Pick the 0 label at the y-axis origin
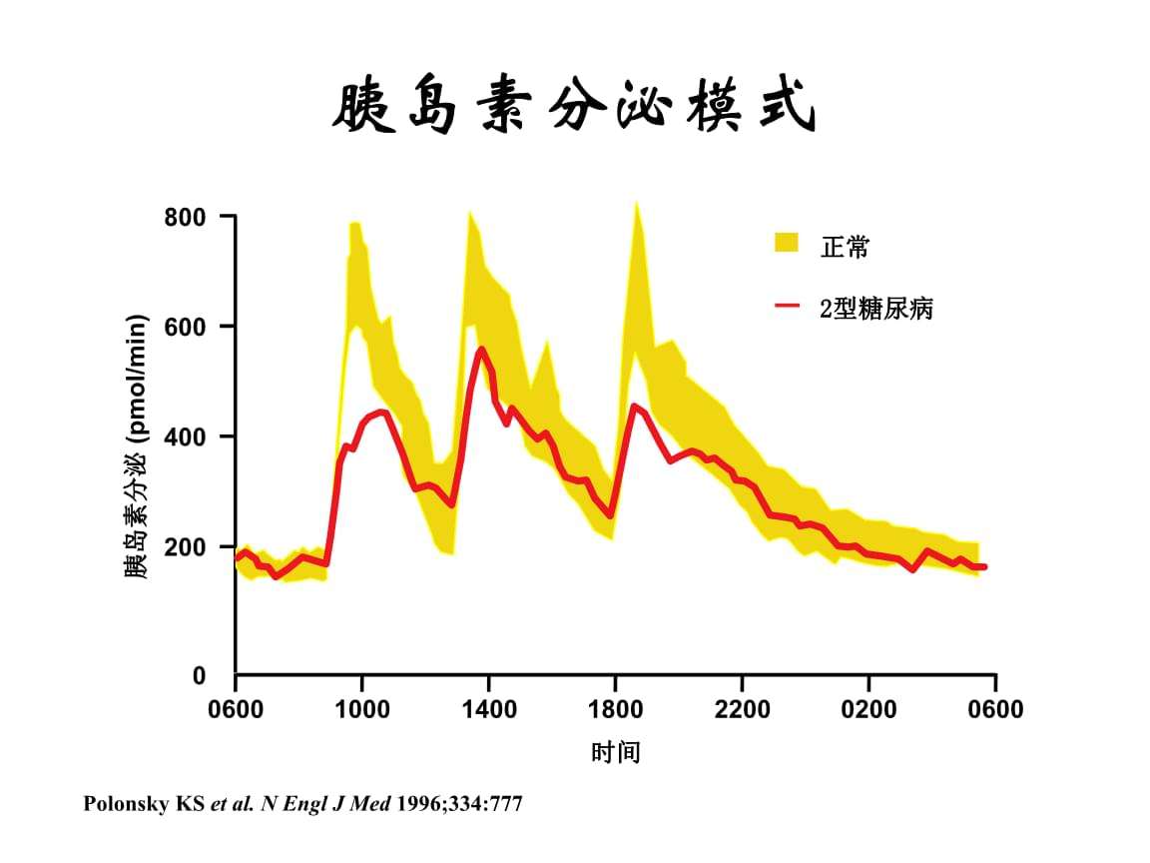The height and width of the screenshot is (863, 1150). [199, 676]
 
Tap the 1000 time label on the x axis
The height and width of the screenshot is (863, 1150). [362, 709]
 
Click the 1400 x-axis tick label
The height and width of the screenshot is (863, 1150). [489, 709]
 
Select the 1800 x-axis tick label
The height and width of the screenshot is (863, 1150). [615, 709]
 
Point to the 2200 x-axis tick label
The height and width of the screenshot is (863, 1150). [742, 709]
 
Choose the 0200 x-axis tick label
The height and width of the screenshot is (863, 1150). [868, 709]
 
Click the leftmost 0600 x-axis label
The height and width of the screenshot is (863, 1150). [236, 709]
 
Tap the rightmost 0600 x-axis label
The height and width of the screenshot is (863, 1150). [995, 709]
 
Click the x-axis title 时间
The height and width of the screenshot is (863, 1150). [615, 752]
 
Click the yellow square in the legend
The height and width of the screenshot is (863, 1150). [787, 243]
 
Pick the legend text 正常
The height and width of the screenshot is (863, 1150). [845, 247]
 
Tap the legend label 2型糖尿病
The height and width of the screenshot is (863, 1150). [876, 309]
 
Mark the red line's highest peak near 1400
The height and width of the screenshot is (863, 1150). [481, 349]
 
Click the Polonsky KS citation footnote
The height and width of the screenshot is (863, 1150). [302, 804]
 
